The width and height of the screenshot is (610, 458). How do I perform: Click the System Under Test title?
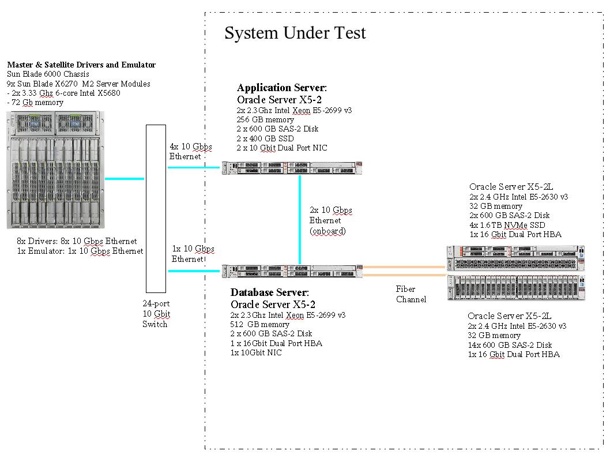tap(295, 33)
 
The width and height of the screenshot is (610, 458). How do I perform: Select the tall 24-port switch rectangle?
tap(156, 208)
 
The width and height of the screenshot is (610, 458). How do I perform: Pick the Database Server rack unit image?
tap(293, 271)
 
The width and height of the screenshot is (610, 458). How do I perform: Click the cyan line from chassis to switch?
tap(125, 179)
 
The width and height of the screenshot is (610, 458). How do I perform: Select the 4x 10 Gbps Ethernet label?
tap(190, 152)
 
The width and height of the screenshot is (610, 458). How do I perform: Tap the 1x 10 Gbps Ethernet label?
tap(193, 254)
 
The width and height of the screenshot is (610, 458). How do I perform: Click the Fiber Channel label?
tap(411, 294)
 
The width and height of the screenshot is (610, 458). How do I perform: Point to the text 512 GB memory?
tap(259, 325)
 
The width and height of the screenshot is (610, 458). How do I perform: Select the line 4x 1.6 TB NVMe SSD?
tap(507, 225)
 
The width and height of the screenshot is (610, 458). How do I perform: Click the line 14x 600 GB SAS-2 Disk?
tap(510, 345)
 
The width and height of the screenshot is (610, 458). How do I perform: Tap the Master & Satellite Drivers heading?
tap(81, 65)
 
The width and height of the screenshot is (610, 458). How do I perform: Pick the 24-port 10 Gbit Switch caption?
tap(156, 314)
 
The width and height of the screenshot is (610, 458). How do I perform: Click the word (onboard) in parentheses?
tap(327, 231)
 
